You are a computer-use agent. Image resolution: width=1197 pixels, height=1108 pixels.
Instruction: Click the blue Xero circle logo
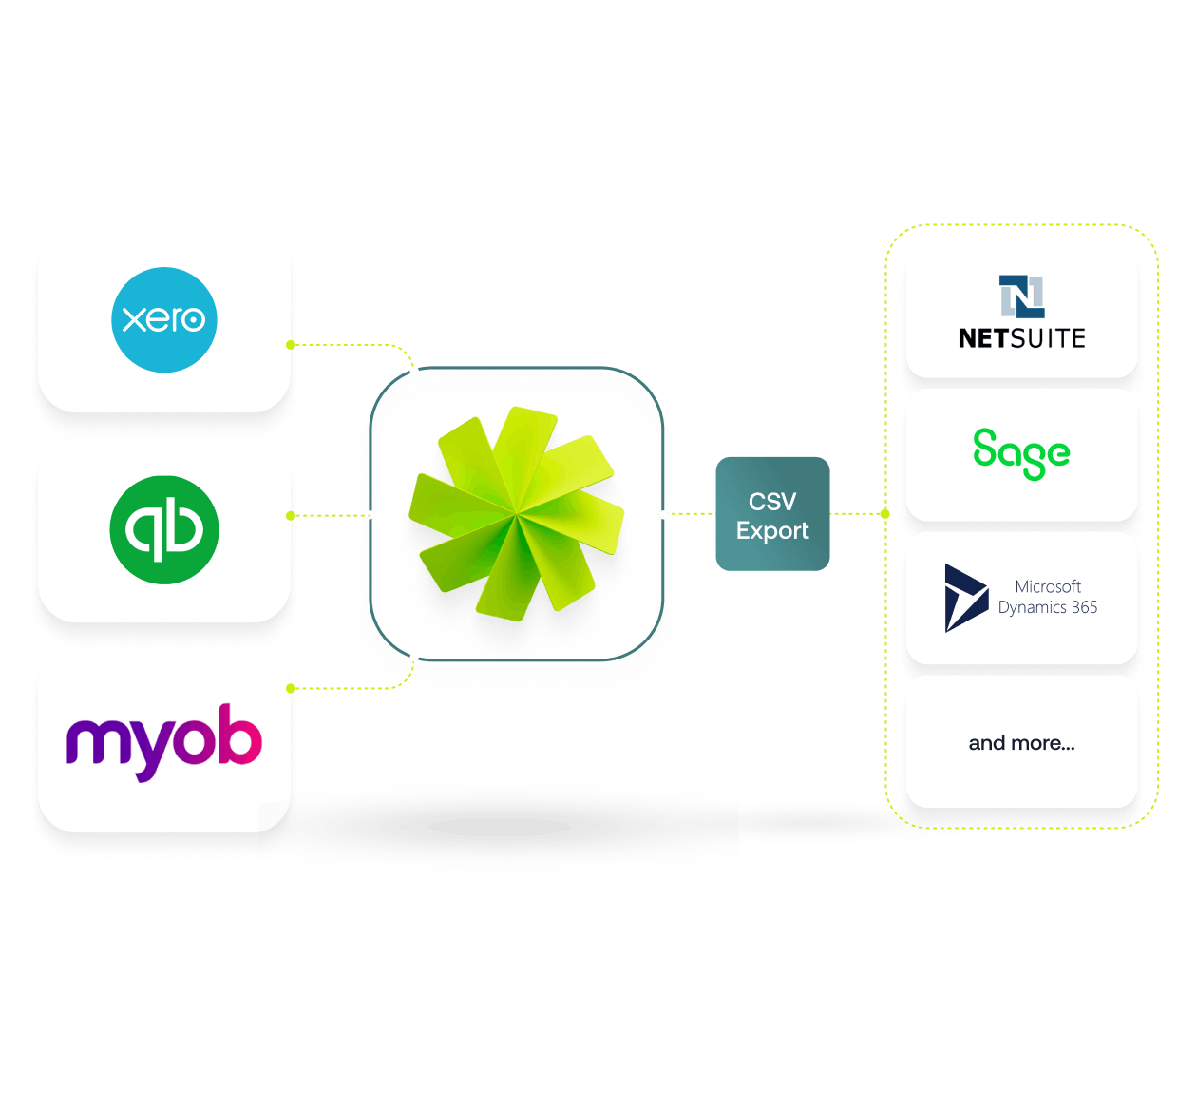(x=164, y=319)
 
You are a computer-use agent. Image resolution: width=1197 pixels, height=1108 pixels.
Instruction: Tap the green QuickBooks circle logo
(x=164, y=529)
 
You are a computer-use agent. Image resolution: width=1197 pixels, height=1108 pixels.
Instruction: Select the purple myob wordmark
(x=164, y=741)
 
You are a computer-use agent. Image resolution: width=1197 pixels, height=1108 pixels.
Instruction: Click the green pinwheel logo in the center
(x=516, y=514)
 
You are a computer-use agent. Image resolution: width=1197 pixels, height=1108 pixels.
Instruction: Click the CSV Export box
(x=772, y=514)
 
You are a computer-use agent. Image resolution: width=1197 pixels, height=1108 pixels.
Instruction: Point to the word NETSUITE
(x=1021, y=338)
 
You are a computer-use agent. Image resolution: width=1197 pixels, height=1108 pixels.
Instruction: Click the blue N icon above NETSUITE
(x=1021, y=296)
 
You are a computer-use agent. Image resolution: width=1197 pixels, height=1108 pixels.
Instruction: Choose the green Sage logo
(x=1021, y=453)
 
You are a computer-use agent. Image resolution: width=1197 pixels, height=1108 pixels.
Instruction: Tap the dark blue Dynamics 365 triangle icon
(x=965, y=598)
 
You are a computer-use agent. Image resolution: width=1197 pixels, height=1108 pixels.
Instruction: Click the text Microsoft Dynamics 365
(x=1048, y=597)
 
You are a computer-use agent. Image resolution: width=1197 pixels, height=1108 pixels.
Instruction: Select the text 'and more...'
(x=1021, y=743)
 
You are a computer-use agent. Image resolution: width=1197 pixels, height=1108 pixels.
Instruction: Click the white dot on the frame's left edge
(x=370, y=515)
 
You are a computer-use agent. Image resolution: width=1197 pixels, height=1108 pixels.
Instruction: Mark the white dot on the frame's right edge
(x=663, y=514)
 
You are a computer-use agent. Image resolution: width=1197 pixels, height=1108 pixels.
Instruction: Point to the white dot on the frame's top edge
(x=414, y=370)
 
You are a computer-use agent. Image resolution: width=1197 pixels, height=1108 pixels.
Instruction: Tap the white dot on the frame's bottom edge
(x=414, y=658)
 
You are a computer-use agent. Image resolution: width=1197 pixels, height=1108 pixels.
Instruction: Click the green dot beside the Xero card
(x=291, y=344)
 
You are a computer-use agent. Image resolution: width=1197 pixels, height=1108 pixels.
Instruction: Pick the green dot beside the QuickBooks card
(x=291, y=515)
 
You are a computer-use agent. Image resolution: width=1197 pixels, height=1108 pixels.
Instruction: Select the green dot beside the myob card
(x=291, y=687)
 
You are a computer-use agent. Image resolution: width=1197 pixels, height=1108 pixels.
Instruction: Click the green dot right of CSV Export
(x=884, y=513)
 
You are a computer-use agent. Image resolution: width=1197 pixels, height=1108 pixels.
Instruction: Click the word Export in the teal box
(x=772, y=530)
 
